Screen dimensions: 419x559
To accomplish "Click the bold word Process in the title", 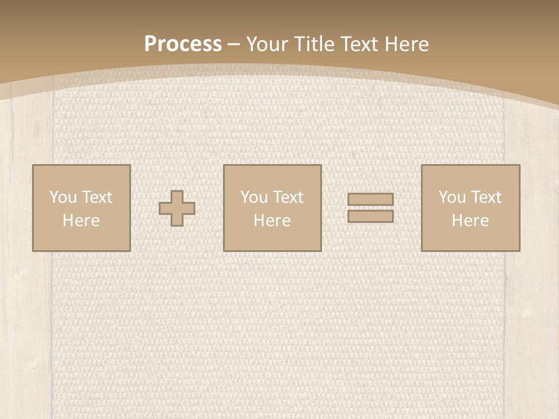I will point(183,44).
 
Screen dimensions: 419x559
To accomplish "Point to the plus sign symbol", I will point(178,208).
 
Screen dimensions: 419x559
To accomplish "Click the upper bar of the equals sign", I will point(370,199).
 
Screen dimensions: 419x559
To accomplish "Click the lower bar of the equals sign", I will point(370,216).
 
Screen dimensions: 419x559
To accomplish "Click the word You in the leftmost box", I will point(63,197).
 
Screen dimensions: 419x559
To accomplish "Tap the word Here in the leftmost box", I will point(81,221).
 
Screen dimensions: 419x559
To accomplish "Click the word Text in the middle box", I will point(288,197).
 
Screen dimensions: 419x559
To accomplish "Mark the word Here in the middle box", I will point(272,221).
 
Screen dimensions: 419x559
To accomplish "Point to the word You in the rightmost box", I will point(452,197).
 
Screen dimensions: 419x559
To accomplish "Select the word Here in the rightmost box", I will point(470,221).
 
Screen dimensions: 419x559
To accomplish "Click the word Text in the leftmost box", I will point(97,197).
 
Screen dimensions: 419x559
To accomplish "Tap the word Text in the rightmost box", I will point(486,197).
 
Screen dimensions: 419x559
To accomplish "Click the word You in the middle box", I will point(254,197).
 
